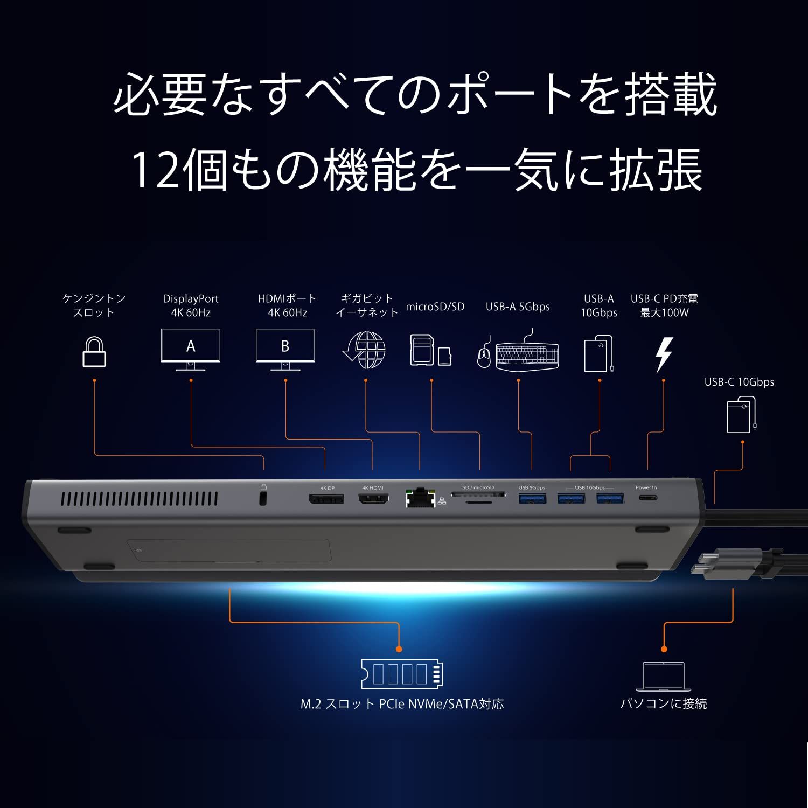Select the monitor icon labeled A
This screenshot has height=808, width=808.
coord(191,349)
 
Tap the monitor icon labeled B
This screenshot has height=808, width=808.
coord(285,349)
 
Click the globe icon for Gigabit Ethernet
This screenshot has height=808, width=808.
coord(365,350)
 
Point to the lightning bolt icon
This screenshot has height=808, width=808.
coord(664,354)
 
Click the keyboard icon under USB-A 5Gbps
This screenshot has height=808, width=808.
coord(527,354)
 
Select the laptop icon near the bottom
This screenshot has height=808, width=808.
coord(664,677)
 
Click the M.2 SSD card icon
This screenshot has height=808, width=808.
coord(402,674)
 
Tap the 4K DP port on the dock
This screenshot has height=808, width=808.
coord(326,499)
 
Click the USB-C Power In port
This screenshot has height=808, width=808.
coord(647,498)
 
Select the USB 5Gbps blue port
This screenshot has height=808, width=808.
coord(532,498)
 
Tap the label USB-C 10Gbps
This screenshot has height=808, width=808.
coord(739,382)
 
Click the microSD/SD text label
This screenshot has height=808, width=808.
coord(435,307)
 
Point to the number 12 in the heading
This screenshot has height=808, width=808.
coord(154,170)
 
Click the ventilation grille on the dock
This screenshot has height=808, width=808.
coord(139,499)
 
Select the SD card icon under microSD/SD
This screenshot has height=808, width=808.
coord(422,350)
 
